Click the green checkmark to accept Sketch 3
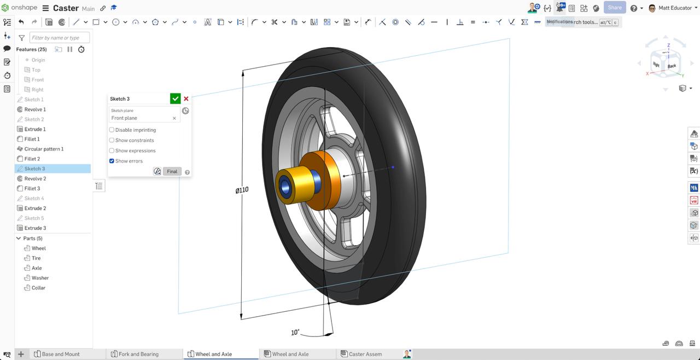tap(175, 98)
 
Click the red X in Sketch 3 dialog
tap(186, 98)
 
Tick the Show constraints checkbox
tap(112, 140)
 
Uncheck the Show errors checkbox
tap(112, 161)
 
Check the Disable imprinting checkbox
tap(112, 130)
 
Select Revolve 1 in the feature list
tap(35, 109)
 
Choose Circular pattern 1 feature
tap(44, 149)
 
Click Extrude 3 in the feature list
tap(35, 228)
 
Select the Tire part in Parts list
tap(36, 258)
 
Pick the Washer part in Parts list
tap(40, 278)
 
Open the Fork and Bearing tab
tap(138, 354)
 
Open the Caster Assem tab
tap(365, 354)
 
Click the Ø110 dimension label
tap(242, 190)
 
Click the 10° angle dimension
tap(295, 332)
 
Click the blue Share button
tap(614, 8)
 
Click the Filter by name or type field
tap(59, 38)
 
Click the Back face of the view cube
tap(672, 66)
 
